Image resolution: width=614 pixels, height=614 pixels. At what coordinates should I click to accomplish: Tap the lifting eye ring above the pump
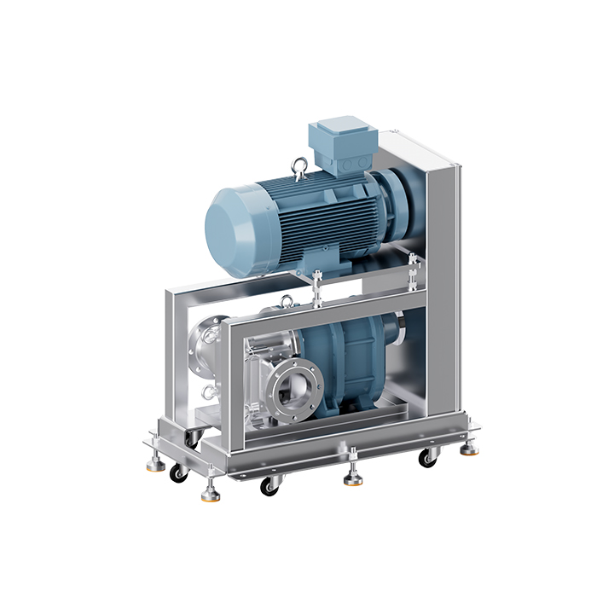point(287,300)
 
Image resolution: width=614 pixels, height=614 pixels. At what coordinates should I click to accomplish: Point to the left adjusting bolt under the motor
point(316,286)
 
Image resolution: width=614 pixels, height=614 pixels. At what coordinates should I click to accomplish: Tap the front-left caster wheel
point(179,472)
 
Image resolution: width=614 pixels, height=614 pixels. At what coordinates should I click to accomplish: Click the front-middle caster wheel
point(270,485)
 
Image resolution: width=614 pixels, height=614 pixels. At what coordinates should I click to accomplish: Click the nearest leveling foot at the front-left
point(210,492)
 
